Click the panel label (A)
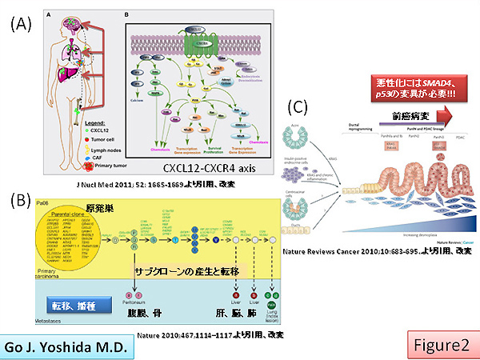(x=19, y=25)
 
